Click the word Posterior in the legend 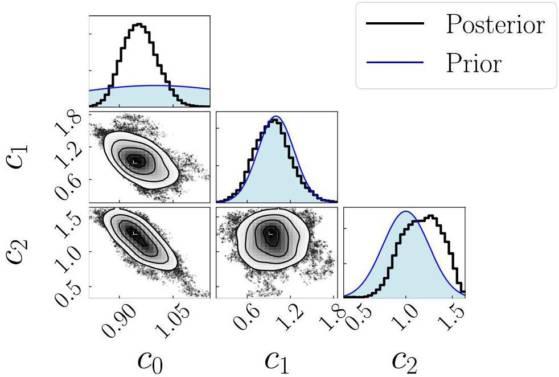click(495, 24)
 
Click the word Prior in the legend click(474, 63)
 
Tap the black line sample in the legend click(395, 24)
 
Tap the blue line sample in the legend click(395, 63)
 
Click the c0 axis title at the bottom click(150, 360)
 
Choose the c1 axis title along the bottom click(277, 360)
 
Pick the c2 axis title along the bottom click(405, 360)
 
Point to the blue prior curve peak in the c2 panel click(405, 211)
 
